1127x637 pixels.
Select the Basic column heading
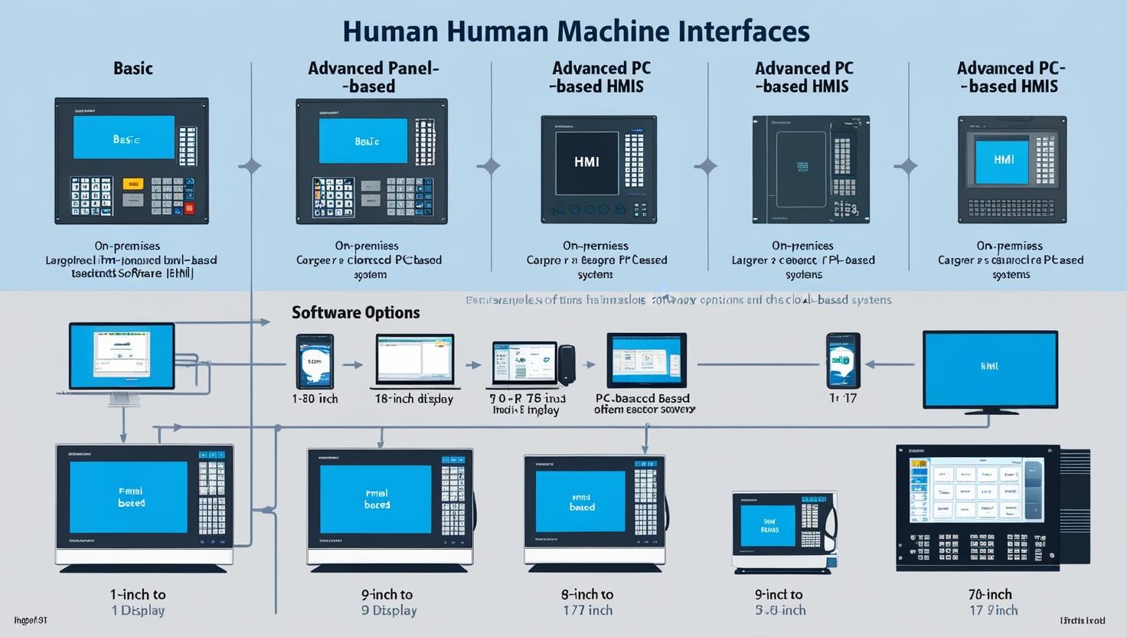pos(133,68)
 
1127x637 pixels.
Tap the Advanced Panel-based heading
pos(373,77)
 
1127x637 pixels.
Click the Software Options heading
pos(355,312)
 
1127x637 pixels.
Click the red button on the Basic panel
pos(189,207)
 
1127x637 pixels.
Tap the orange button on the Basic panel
pos(132,184)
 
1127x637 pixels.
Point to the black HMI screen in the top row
pos(586,162)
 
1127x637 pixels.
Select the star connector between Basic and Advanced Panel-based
pos(250,165)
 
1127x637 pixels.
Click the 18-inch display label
pos(413,399)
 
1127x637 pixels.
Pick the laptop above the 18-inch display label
pos(414,361)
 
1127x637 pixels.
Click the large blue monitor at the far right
pos(990,371)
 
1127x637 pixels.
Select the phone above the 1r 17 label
pos(843,361)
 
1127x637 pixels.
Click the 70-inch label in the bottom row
pos(990,594)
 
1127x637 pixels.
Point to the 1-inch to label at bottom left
pos(138,594)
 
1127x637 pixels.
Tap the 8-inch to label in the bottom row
pos(586,594)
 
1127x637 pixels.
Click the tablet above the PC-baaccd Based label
pos(646,361)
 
